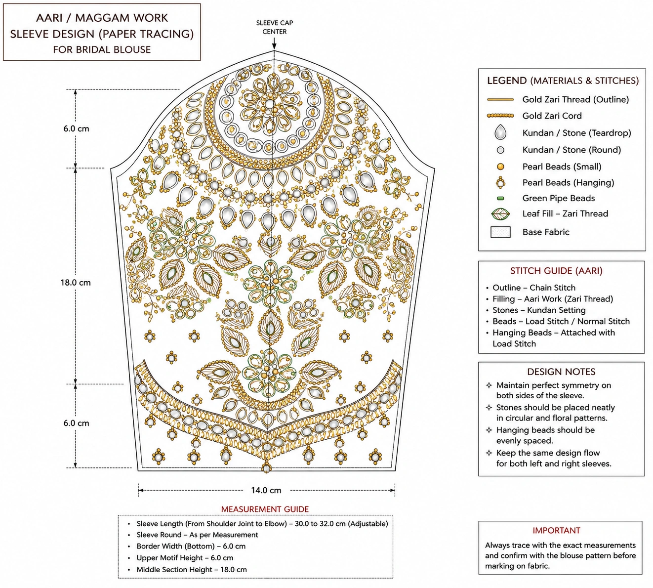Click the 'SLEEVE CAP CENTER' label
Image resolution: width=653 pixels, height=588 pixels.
pos(275,27)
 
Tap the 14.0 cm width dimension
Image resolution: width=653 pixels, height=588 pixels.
pos(266,490)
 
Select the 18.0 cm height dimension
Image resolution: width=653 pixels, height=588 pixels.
pos(76,283)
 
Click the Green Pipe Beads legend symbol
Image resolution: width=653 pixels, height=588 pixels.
pos(501,199)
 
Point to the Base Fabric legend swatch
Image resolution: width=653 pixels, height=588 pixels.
pos(500,232)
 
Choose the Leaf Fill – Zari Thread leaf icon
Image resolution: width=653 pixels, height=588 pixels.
pos(500,213)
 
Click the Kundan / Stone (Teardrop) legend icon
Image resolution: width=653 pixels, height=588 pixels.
pos(500,132)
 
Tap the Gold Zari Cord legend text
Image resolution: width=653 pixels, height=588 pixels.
pos(552,116)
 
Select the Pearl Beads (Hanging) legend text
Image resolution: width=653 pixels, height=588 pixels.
pos(568,182)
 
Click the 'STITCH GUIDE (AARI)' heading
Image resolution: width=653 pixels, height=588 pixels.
pos(556,271)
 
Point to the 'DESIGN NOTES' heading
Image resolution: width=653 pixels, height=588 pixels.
pos(561,372)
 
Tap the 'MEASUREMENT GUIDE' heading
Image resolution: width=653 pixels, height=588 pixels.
pos(265,509)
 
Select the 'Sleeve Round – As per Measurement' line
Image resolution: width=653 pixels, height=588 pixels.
pos(197,535)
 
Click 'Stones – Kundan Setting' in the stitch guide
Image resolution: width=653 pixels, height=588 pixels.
pos(539,310)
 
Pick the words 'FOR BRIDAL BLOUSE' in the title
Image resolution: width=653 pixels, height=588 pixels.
pos(102,49)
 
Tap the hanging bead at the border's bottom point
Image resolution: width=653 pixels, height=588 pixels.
pos(267,467)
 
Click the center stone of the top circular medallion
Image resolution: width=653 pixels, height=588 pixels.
pos(269,104)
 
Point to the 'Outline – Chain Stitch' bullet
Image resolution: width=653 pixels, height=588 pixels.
pos(534,288)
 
